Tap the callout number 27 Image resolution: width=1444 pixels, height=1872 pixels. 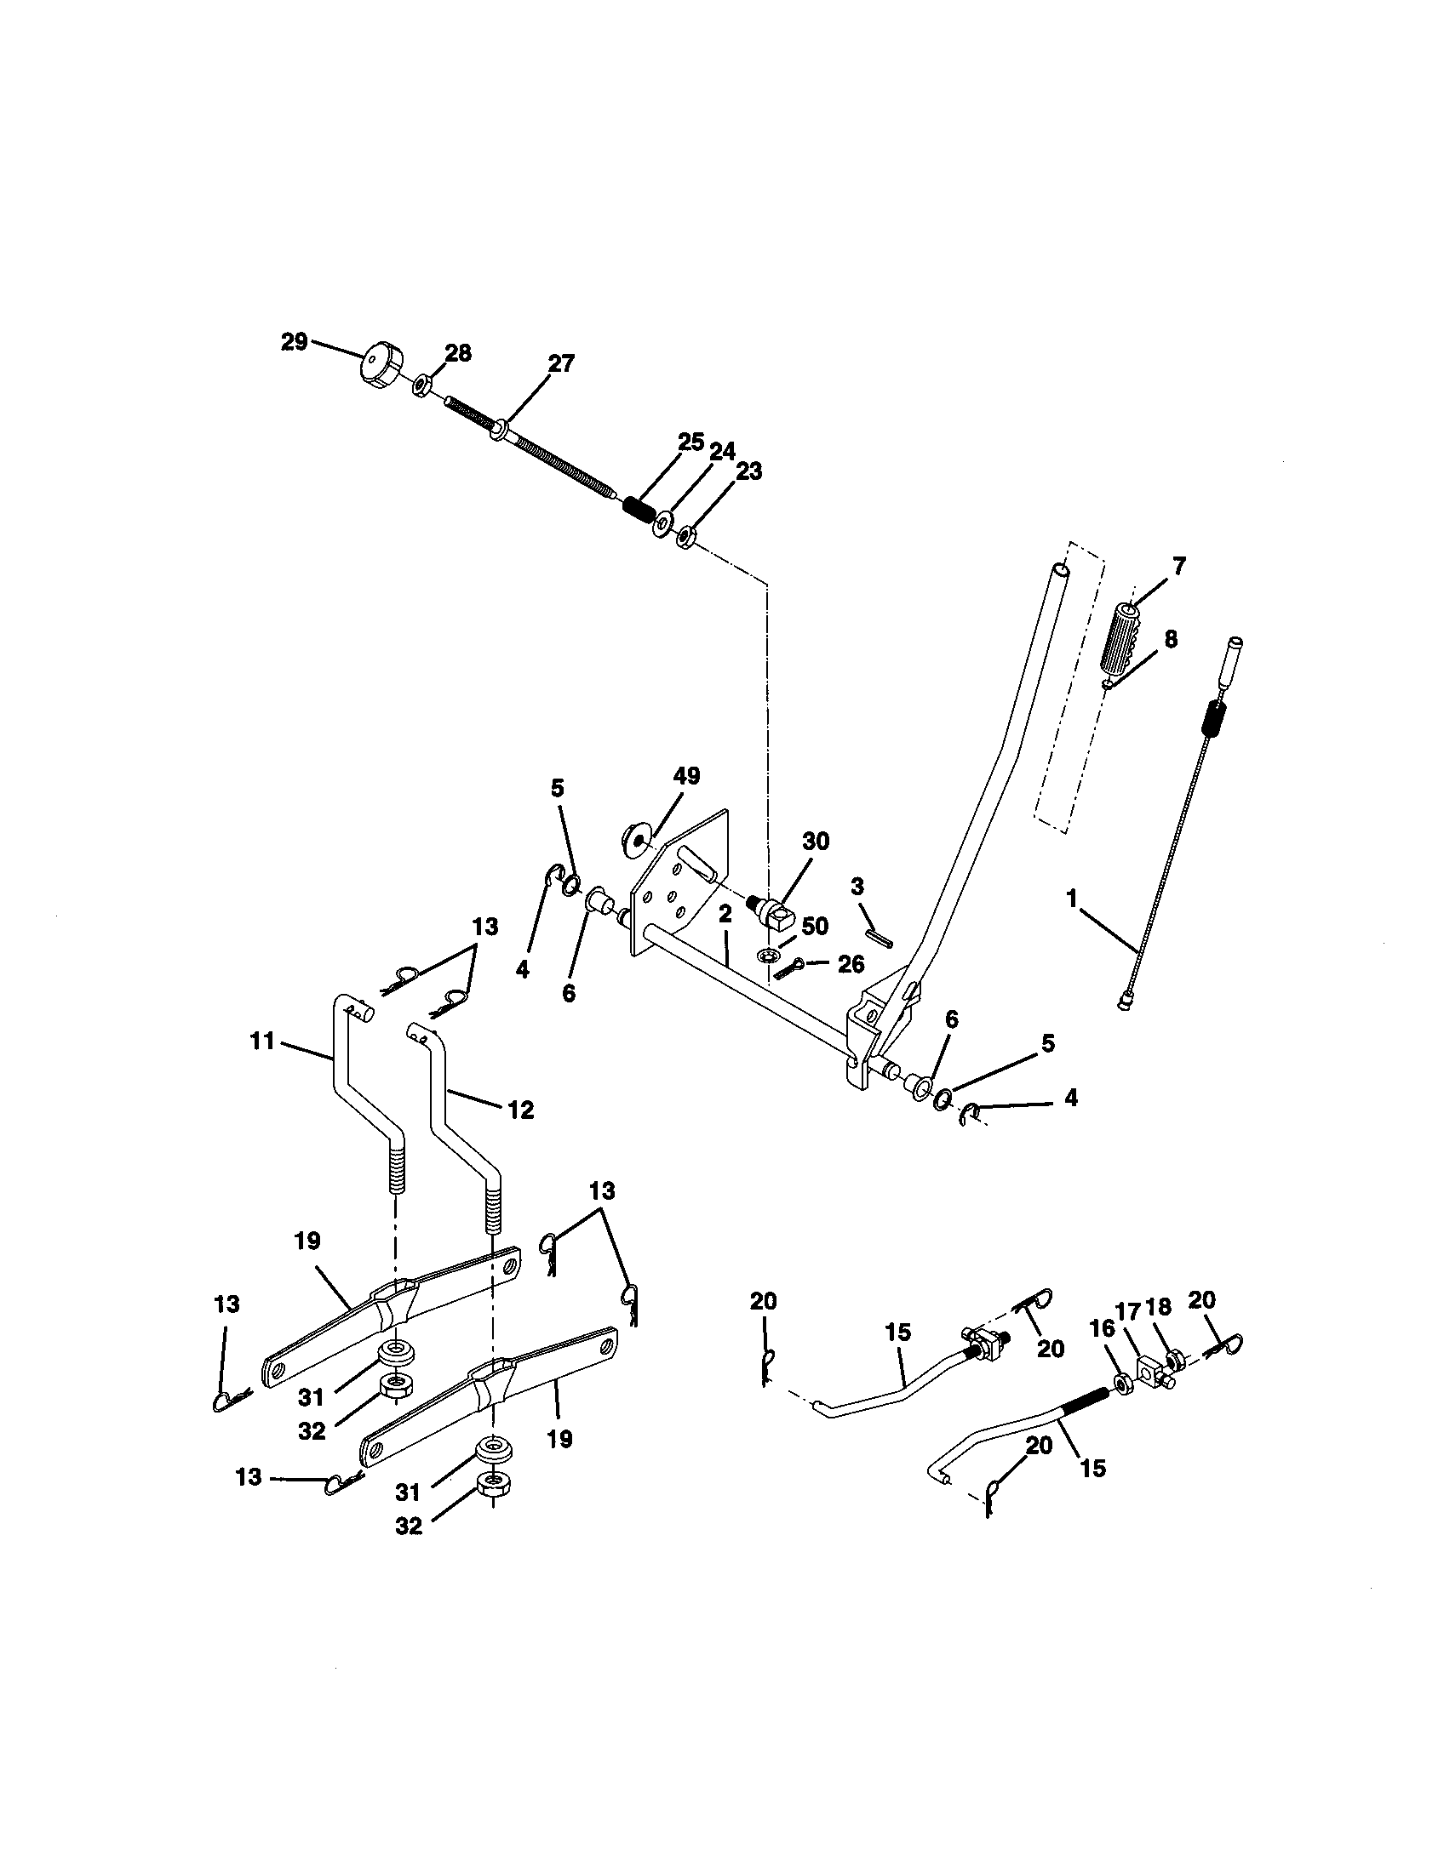[x=561, y=363]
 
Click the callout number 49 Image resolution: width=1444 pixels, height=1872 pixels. [x=687, y=776]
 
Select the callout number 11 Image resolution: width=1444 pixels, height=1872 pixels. [x=261, y=1042]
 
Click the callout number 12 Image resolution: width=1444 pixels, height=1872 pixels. [x=520, y=1110]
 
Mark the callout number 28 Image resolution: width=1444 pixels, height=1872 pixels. [x=457, y=353]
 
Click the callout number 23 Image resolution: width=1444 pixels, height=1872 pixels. [x=748, y=471]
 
